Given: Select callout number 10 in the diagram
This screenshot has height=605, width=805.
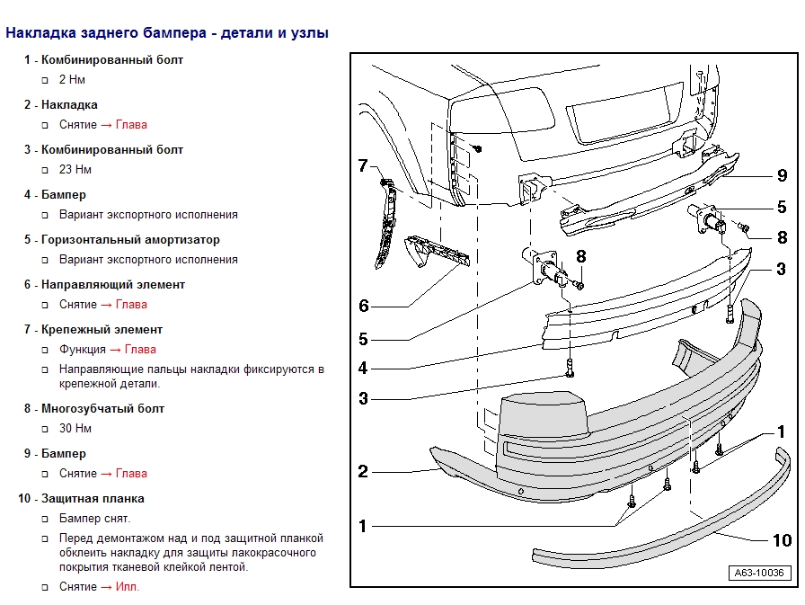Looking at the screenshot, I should pyautogui.click(x=782, y=539).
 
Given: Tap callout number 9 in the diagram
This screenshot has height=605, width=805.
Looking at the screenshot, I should pyautogui.click(x=782, y=175).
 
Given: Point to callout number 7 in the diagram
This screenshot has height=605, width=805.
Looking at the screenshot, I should pyautogui.click(x=363, y=165).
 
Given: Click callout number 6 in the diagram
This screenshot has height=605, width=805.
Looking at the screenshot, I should pyautogui.click(x=363, y=306).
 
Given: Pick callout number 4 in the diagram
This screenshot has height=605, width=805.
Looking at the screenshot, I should pyautogui.click(x=363, y=369).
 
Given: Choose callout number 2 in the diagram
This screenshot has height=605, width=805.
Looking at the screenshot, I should pyautogui.click(x=363, y=471).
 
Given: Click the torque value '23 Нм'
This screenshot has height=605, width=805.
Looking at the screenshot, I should pyautogui.click(x=75, y=170).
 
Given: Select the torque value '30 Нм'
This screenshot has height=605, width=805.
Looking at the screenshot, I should pyautogui.click(x=75, y=429).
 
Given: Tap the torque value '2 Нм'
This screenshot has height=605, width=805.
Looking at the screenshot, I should pyautogui.click(x=72, y=80).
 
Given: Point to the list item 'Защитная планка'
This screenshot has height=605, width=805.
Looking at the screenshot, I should pyautogui.click(x=93, y=499).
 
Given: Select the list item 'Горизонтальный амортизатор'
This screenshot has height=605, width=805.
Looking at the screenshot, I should pyautogui.click(x=130, y=240).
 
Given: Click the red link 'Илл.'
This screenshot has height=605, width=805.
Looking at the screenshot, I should pyautogui.click(x=127, y=587).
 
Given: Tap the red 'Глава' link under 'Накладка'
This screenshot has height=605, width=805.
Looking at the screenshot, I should pyautogui.click(x=131, y=125).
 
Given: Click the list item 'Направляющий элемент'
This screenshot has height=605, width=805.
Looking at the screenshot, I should pyautogui.click(x=113, y=285).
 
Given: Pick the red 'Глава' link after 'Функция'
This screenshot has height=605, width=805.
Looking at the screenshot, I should pyautogui.click(x=140, y=350).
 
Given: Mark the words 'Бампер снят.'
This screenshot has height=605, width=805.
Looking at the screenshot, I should pyautogui.click(x=94, y=519).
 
